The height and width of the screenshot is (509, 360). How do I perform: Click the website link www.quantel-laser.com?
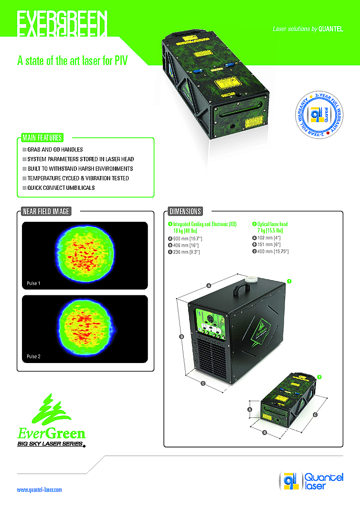pyautogui.click(x=40, y=489)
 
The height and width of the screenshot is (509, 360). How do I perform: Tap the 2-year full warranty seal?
pyautogui.click(x=317, y=115)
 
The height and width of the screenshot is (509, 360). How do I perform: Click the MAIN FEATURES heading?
pyautogui.click(x=42, y=138)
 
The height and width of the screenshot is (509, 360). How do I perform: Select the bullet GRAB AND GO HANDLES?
pyautogui.click(x=55, y=150)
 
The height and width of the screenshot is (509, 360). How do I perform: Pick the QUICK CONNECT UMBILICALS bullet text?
pyautogui.click(x=61, y=188)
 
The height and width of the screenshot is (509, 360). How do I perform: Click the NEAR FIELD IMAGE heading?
pyautogui.click(x=45, y=211)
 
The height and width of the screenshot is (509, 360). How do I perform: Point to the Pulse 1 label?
pyautogui.click(x=33, y=283)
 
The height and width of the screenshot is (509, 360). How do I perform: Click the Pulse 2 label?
pyautogui.click(x=33, y=356)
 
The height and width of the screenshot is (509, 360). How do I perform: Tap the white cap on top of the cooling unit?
pyautogui.click(x=251, y=278)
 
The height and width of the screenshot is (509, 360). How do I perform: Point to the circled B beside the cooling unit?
pyautogui.click(x=181, y=337)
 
